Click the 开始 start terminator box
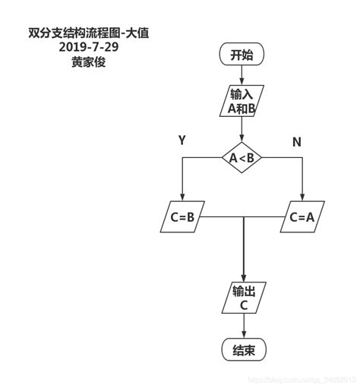(242, 55)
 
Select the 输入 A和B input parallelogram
(242, 100)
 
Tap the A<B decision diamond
(242, 157)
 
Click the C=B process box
(182, 217)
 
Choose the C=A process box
(302, 217)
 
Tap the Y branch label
(182, 140)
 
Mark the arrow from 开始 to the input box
(242, 74)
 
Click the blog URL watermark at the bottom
(301, 380)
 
